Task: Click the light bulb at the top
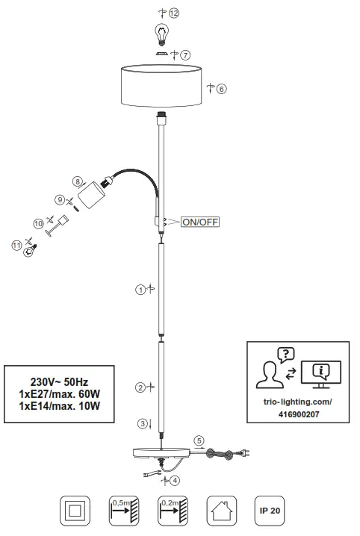[160, 33]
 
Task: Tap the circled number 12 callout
[174, 13]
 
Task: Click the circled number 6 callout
[221, 88]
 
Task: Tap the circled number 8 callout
[77, 181]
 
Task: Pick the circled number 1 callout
[139, 290]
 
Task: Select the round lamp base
[161, 455]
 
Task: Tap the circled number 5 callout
[199, 440]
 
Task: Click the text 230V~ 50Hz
[59, 379]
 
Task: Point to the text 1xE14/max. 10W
[59, 406]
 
